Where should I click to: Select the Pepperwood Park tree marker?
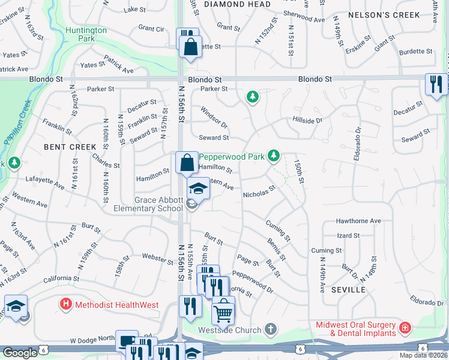point(274,157)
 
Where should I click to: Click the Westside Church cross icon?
point(271,329)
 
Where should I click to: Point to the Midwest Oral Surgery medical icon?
point(405,328)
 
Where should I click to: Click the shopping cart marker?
point(223,311)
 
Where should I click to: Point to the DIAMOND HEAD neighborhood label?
point(233,4)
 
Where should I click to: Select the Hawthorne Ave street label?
point(358,221)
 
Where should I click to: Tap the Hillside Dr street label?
point(307,121)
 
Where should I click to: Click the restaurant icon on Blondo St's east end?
point(436,83)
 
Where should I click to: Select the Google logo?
point(20,353)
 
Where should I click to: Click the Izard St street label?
point(348,236)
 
